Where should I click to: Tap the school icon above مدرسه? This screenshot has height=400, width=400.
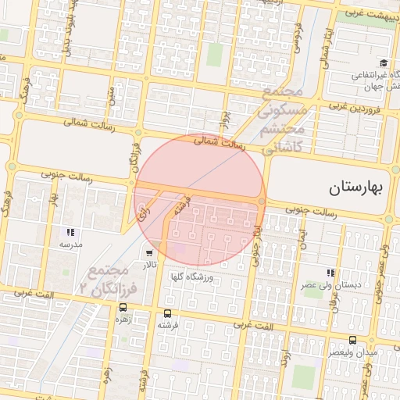[x=71, y=232]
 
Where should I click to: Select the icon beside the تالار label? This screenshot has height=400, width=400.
[x=149, y=254]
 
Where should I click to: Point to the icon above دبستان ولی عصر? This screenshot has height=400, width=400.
[x=330, y=273]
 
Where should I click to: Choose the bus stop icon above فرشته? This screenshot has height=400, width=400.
[x=165, y=311]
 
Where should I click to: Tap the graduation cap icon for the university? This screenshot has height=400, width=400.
[x=384, y=63]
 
